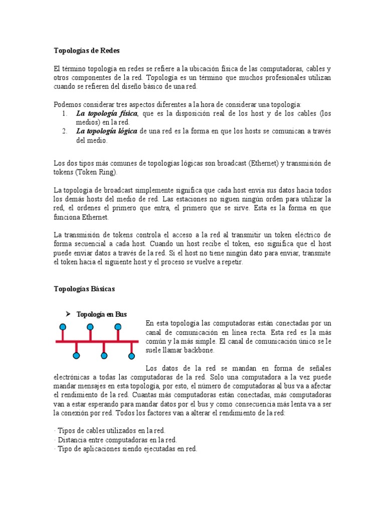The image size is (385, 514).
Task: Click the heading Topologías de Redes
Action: (87, 51)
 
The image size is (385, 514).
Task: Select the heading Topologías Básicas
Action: (84, 289)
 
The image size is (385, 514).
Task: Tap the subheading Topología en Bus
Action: (101, 314)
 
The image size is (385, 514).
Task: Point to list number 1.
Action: (65, 114)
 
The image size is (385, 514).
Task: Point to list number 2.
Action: (65, 131)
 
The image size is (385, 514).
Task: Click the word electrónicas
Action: (75, 376)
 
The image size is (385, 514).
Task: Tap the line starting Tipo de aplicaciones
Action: (125, 449)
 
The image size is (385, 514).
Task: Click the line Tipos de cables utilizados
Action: (109, 431)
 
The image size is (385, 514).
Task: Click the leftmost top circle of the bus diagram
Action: (63, 327)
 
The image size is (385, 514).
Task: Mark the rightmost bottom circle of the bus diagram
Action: (131, 356)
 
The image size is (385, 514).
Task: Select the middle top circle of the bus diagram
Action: (90, 327)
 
